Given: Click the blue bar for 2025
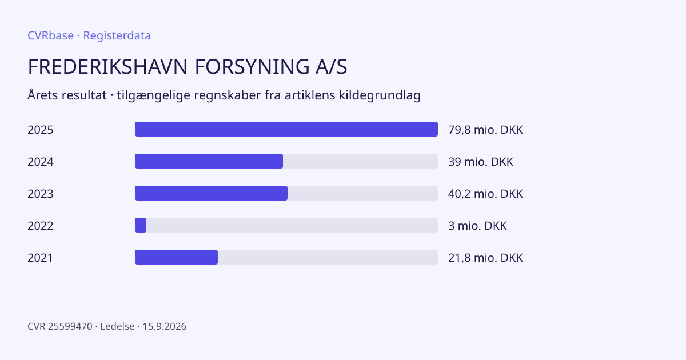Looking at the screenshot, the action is pos(286,129).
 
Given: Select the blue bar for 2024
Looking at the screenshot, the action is pos(209,161).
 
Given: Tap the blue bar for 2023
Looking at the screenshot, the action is pos(211,193).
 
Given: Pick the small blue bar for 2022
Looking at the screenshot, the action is pos(141,225).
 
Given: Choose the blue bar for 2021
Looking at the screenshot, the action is pos(177,257).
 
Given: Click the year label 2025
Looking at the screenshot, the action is pos(41,130).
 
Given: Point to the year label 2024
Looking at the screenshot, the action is pos(41,162).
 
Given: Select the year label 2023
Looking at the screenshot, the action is pos(41,194).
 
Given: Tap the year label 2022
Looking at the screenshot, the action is pos(41,226).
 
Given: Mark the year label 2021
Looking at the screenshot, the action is pos(40,258).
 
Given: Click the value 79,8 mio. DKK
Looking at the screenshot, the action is pos(485,130).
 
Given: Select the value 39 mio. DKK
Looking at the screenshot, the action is pos(481,162).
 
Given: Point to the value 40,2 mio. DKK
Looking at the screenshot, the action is pos(485,194).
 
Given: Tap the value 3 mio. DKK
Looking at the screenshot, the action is pos(477,226).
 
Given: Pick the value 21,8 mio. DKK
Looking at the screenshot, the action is pos(485,258).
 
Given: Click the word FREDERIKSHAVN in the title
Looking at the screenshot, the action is pos(107,66).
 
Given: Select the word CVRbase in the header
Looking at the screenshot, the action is pos(50,35).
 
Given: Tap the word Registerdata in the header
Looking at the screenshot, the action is pos(117,35).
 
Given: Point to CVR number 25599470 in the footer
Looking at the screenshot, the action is pos(70,326).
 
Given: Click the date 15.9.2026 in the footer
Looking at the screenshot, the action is pos(165,326).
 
